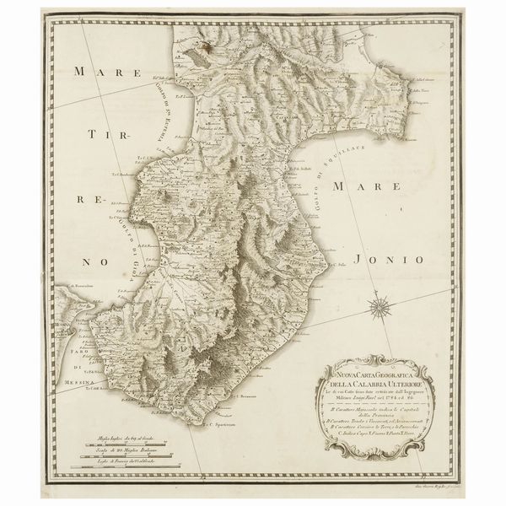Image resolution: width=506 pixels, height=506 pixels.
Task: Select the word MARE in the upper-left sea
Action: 94,72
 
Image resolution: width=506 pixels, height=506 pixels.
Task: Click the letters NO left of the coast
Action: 94,263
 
